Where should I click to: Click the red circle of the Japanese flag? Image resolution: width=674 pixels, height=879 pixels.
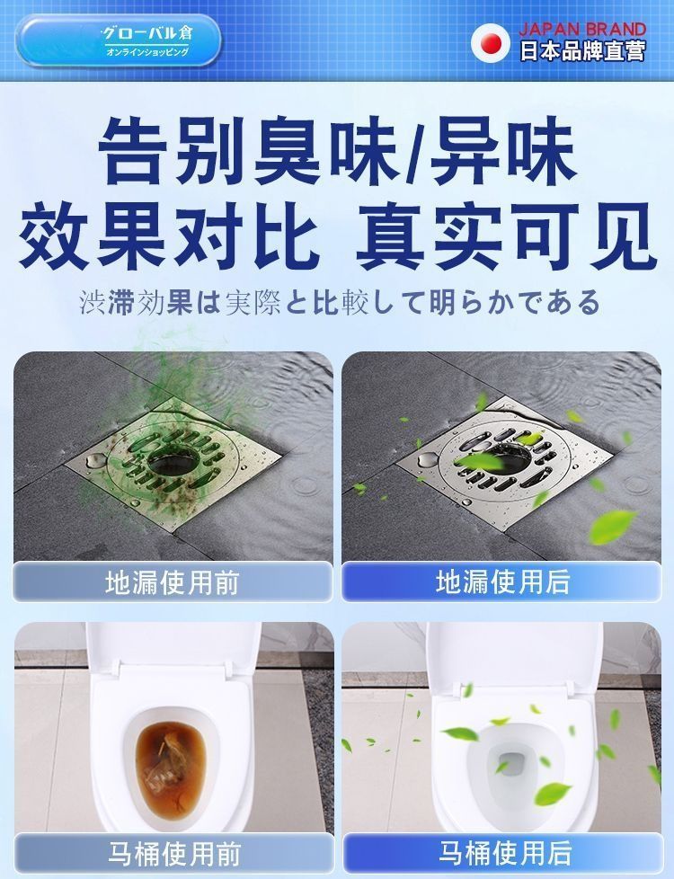coord(490,41)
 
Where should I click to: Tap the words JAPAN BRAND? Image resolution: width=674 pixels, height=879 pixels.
coord(582,29)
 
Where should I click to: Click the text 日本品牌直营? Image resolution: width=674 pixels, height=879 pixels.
coord(582,51)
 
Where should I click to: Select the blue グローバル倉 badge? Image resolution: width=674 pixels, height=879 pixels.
coord(119,41)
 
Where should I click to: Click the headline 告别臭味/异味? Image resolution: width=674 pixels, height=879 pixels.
coord(338,150)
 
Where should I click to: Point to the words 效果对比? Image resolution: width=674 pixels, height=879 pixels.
coord(169,236)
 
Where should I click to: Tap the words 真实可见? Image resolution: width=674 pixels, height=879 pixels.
coord(506,236)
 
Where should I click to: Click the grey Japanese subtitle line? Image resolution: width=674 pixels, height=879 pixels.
coord(340,303)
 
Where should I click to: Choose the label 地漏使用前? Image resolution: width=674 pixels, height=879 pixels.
coord(173,582)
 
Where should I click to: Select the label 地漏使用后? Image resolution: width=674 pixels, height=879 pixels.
coord(503,582)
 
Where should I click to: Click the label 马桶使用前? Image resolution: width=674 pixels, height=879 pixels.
coord(174,854)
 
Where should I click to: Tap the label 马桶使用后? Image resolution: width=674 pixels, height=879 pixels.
coord(505,853)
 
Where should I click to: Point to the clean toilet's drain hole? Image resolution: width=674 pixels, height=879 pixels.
coord(510,764)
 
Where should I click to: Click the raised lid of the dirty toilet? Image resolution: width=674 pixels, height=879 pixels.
coord(173,651)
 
